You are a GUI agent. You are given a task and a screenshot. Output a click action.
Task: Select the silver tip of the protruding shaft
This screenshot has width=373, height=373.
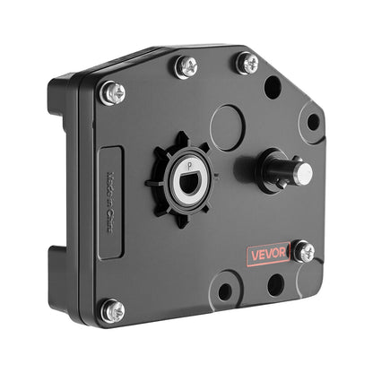(305, 172)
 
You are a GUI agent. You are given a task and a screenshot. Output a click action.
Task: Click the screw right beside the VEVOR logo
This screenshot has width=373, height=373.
(305, 252)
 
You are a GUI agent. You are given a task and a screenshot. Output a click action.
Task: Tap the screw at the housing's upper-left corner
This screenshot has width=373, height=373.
(113, 91)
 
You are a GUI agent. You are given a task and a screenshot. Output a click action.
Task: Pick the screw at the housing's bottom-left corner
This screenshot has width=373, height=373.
(114, 310)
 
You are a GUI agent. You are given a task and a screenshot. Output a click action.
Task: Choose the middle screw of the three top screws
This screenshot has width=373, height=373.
(188, 65)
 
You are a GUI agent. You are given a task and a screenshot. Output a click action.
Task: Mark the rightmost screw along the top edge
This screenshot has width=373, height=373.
(247, 63)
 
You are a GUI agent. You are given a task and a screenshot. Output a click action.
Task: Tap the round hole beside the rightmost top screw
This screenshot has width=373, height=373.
(272, 87)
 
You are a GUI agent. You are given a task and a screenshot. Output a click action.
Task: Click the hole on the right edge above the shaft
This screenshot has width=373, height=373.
(313, 122)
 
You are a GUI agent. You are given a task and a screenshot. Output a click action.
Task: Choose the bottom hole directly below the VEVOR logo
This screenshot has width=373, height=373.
(276, 284)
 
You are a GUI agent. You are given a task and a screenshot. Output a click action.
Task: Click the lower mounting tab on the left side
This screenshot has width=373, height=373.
(59, 273)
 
